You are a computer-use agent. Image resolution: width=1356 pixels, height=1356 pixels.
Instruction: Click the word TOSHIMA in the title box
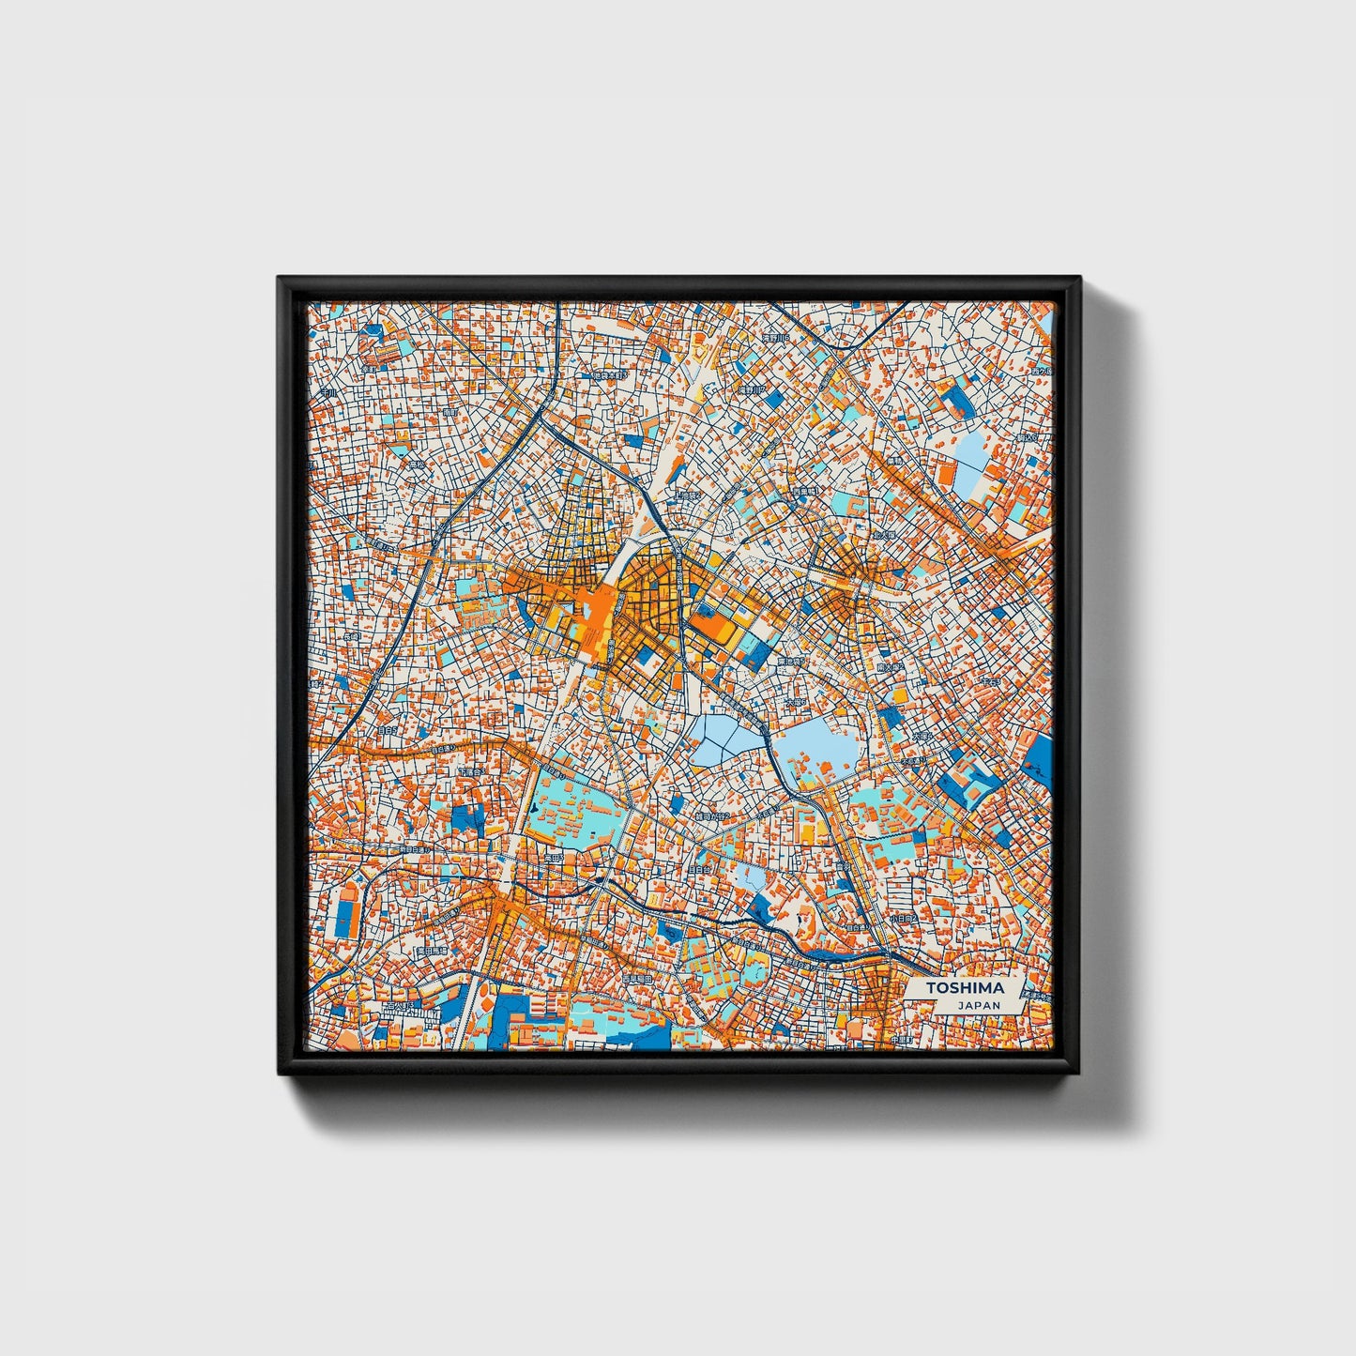(964, 987)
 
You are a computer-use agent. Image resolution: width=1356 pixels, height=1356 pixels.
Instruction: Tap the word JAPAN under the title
(979, 1004)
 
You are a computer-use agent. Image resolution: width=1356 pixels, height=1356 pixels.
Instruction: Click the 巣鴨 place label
(893, 462)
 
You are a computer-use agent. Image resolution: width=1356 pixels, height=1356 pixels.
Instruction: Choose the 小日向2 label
(903, 920)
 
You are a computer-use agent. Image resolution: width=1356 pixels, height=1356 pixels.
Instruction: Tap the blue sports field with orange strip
(346, 907)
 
